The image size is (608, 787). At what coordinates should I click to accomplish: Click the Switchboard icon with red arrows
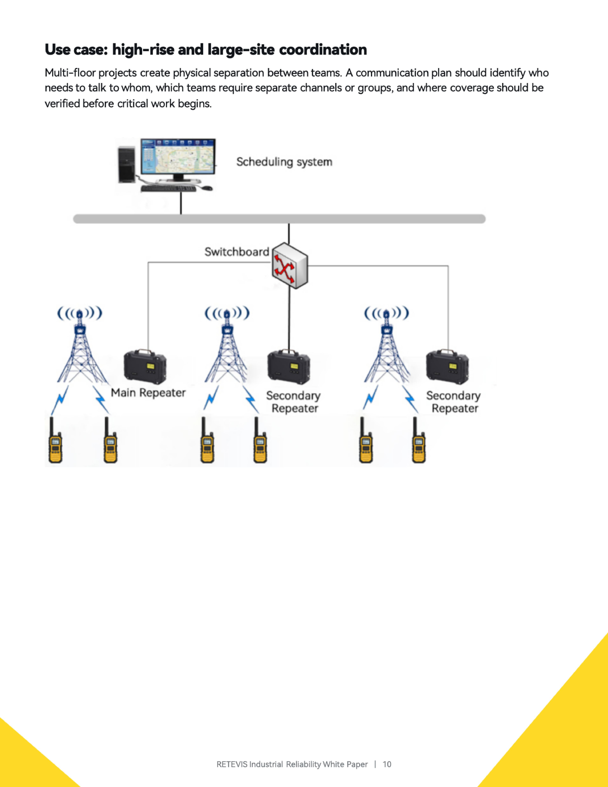[x=290, y=266]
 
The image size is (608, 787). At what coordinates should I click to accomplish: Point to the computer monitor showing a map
[x=178, y=157]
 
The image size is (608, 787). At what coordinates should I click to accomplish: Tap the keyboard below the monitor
[x=168, y=188]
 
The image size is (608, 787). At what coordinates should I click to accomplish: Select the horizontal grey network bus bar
[x=279, y=219]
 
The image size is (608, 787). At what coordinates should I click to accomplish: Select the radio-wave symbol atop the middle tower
[x=227, y=313]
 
